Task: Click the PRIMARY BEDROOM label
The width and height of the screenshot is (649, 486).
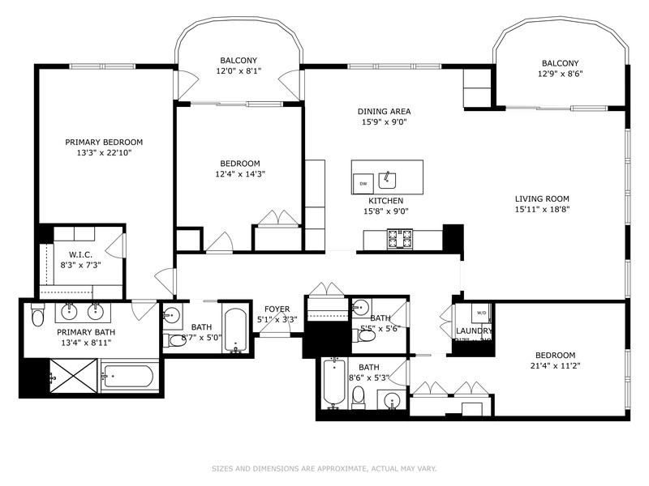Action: coord(104,142)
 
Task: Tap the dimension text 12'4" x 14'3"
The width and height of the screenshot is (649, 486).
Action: coord(239,173)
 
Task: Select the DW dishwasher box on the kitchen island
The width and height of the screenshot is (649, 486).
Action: coord(363,184)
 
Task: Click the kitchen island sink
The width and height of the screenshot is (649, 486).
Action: coord(389,177)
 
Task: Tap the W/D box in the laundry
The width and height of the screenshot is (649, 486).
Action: coord(481,313)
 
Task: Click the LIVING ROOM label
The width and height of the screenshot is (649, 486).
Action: coord(542,198)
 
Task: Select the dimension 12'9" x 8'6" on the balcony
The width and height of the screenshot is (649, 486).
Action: coord(560,74)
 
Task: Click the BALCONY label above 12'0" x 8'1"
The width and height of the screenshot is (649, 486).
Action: coord(239,60)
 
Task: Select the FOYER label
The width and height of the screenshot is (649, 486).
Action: coord(277,309)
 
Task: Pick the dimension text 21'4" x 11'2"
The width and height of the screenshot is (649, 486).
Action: coord(555,366)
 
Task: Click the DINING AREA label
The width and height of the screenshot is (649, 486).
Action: coord(384,111)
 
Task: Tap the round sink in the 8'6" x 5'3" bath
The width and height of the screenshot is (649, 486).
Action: coord(393,400)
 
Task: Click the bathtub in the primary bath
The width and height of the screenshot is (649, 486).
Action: coord(127,377)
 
